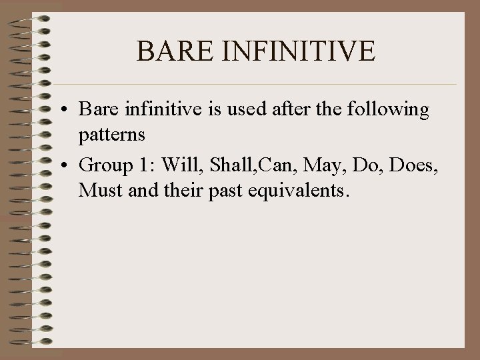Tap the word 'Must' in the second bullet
click(x=98, y=191)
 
